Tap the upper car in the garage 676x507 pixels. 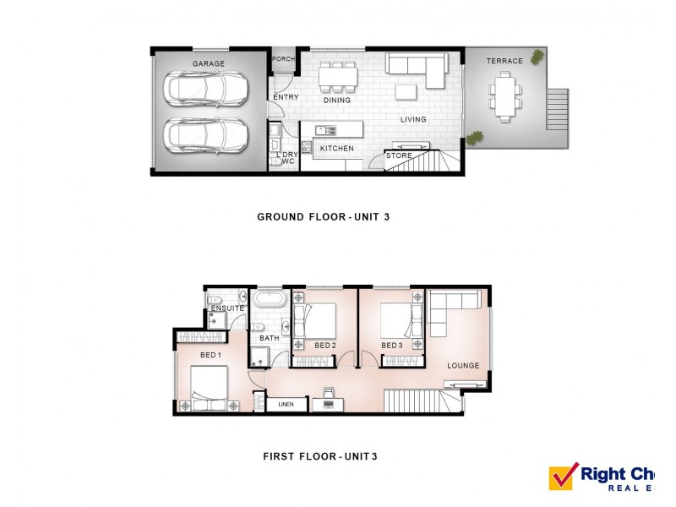[x=208, y=89]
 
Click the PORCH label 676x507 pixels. [x=283, y=59]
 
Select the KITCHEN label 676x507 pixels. [x=336, y=149]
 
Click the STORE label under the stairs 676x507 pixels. [x=399, y=155]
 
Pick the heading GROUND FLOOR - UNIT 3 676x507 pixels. [x=323, y=217]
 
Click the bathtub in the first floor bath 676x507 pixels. [x=270, y=300]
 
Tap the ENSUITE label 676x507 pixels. [x=227, y=308]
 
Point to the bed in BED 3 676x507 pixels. [x=399, y=321]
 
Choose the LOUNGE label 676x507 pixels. [x=464, y=366]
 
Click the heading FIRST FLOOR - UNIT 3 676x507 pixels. [x=319, y=457]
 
